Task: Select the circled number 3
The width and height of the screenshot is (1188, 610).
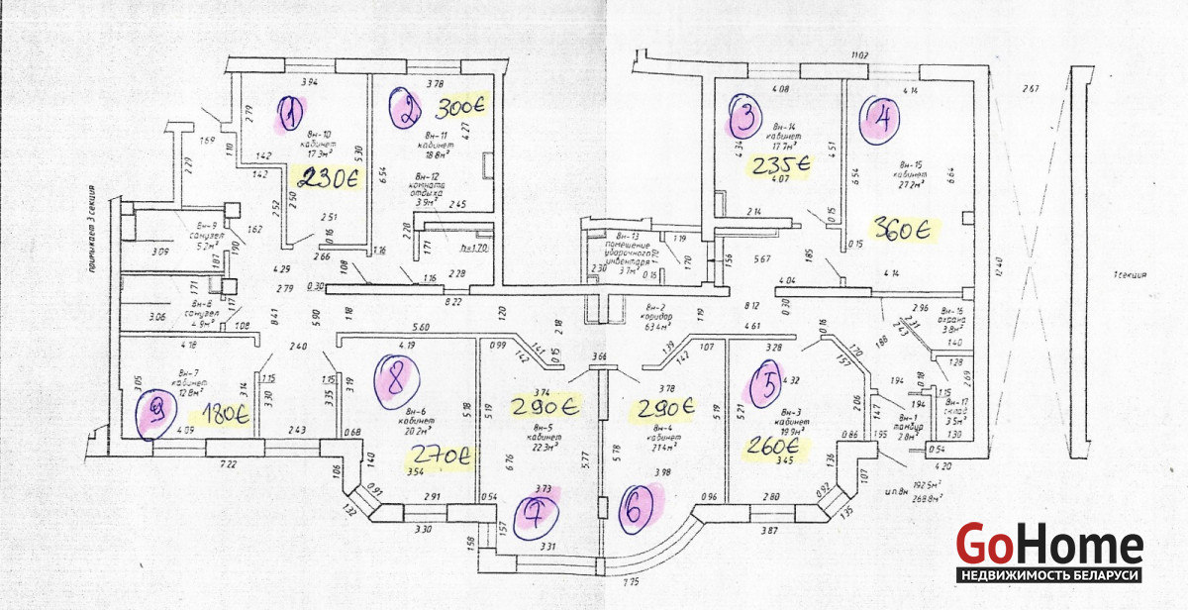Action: coord(744,117)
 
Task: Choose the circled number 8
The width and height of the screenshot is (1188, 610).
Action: coord(397,378)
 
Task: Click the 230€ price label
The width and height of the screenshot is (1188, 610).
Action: coord(328,179)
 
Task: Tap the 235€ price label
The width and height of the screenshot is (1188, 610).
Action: coord(780,163)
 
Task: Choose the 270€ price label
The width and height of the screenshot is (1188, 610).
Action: coord(441,457)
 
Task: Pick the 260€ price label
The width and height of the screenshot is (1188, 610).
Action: coord(778,446)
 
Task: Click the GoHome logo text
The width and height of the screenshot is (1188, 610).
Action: coord(1049,544)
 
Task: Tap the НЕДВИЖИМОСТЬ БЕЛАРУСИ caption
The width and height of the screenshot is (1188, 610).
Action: coord(1050,575)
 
